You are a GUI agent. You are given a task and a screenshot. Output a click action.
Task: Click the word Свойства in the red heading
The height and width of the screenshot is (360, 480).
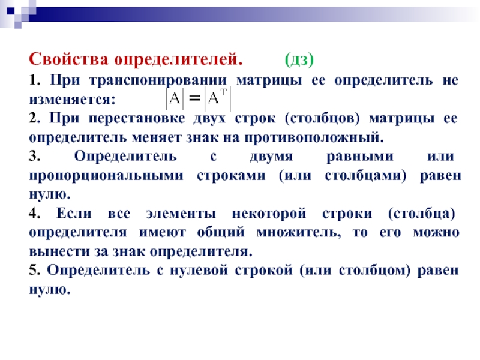point(68,59)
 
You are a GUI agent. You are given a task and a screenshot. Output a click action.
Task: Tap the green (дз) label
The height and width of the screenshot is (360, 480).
point(299,59)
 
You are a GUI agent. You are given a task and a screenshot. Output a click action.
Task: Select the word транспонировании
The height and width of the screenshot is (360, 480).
point(158,80)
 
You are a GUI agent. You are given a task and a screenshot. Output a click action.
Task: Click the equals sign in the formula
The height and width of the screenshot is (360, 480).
point(194,98)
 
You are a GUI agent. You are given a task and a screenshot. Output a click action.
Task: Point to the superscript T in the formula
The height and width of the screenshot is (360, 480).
point(224,92)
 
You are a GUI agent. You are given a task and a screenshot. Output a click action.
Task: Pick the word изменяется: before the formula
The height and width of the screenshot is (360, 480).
point(72,100)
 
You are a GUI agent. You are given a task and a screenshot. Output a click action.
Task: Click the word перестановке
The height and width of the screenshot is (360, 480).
point(137,118)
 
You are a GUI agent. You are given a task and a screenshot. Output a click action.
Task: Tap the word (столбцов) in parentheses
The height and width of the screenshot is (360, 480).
point(322,119)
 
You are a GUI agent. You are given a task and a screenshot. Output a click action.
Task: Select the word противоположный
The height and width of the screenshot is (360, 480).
point(314,138)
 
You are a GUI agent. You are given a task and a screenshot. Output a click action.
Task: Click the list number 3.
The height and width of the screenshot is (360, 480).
point(34,156)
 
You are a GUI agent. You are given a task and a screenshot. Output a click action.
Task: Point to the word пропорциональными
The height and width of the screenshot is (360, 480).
point(106,176)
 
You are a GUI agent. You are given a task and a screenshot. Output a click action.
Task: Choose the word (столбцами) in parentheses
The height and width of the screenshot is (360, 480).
point(365,176)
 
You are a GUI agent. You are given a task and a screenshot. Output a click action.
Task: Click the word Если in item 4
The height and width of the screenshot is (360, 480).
point(74,213)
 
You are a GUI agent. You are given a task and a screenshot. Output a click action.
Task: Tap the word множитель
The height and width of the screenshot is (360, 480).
point(298,232)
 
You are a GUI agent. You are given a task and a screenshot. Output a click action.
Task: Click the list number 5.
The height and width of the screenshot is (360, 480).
point(34,271)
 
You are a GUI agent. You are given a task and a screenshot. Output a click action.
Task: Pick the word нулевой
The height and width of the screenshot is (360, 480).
point(199,271)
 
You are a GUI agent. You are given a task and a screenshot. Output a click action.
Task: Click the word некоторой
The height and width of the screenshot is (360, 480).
point(269,214)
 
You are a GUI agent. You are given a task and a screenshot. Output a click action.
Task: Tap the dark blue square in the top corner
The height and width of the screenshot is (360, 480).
point(10,11)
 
